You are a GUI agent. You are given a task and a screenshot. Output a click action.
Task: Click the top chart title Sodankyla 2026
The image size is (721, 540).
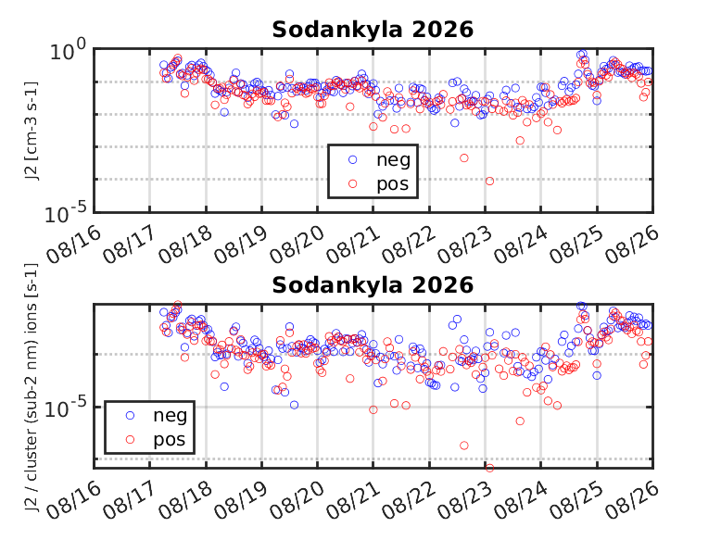pos(373,30)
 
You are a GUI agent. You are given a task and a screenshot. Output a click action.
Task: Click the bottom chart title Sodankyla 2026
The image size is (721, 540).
pos(373,285)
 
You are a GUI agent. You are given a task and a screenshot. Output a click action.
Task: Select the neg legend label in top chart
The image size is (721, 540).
pos(393,160)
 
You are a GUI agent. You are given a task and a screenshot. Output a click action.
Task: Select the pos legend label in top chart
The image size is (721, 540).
pos(393,184)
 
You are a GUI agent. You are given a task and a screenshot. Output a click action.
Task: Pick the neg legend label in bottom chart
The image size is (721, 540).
pos(171,416)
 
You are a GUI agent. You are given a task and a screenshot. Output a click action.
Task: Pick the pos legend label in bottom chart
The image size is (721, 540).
pos(170,440)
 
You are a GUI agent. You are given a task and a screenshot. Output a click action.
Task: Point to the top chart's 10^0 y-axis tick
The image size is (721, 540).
pos(68,50)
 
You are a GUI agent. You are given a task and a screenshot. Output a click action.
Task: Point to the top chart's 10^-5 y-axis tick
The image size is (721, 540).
pos(66,213)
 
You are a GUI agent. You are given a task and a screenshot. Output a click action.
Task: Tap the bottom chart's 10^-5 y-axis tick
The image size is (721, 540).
pos(66,408)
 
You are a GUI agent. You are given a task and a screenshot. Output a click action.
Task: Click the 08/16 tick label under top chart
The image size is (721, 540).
pos(73,245)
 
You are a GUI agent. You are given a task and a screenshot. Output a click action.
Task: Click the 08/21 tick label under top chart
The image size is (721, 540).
pos(354,245)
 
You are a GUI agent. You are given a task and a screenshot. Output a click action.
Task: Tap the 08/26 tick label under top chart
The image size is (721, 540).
pos(632,245)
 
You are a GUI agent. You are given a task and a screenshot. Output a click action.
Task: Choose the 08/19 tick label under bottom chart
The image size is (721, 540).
pos(241,500)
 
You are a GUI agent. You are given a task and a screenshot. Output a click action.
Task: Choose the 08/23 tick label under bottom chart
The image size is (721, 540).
pos(464,500)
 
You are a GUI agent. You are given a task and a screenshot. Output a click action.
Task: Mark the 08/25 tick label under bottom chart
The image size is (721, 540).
pos(576,500)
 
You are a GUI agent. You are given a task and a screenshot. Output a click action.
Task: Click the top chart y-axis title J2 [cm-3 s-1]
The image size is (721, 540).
pos(32,131)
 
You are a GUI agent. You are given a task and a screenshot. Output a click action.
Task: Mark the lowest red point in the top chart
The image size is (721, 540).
pos(489,181)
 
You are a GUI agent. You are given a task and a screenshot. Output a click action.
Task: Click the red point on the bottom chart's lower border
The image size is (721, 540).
pos(489,468)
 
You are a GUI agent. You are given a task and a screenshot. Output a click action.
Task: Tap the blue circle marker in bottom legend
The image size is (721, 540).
pos(130,416)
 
